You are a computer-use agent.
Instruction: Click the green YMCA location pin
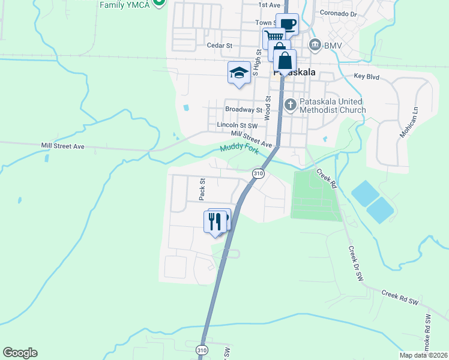159,3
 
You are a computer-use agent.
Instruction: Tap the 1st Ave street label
270,5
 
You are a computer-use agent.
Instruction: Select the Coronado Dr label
339,13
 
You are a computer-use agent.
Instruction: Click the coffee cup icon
287,25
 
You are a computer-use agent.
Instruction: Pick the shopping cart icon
274,38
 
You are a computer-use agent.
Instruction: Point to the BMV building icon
315,45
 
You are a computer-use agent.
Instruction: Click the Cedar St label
219,46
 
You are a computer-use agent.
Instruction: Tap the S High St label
256,62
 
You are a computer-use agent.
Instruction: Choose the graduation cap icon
239,73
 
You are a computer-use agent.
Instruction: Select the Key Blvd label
367,77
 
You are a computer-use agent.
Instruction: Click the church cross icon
291,106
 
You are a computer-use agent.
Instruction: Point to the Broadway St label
244,110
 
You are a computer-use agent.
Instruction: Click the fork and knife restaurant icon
215,221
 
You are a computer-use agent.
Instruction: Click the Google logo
20,353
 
